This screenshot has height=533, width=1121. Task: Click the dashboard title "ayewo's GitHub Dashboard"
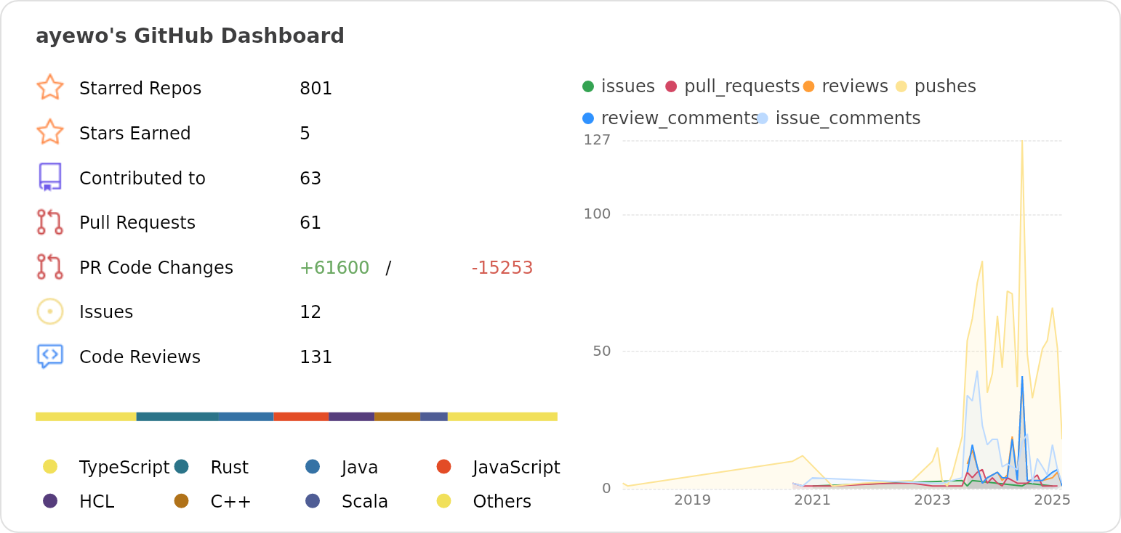point(190,36)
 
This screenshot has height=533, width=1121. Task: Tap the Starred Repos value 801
point(316,89)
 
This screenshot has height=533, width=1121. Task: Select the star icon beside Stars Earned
point(50,133)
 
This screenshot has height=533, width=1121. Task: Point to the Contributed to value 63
point(310,179)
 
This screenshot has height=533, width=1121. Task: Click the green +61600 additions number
point(334,268)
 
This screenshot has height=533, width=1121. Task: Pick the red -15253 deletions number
point(502,268)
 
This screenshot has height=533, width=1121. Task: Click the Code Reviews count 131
point(316,357)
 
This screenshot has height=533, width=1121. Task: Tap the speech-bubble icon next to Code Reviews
point(50,356)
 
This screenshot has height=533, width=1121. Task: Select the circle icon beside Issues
point(50,312)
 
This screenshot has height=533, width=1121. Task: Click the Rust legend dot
point(182,466)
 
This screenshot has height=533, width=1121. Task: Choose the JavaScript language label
point(516,468)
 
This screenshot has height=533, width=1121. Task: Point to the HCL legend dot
point(50,501)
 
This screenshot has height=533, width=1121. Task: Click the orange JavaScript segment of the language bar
point(301,417)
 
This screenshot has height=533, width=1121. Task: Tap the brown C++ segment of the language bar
point(397,417)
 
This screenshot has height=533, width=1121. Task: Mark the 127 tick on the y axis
point(597,140)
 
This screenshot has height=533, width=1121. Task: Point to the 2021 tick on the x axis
point(812,500)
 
